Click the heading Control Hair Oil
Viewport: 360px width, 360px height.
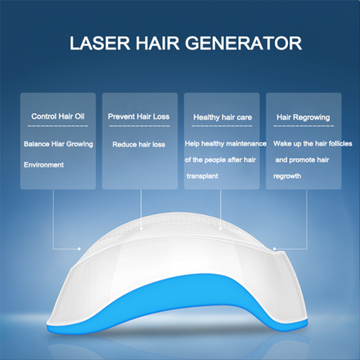(x=58, y=116)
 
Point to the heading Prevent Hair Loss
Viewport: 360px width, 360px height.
(x=139, y=116)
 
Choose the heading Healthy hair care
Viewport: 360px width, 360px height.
(x=222, y=117)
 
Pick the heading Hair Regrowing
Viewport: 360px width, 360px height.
(x=303, y=117)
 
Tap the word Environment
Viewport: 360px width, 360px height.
(x=44, y=165)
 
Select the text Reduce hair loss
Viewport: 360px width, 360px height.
(x=139, y=144)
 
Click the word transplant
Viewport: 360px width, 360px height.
(x=202, y=176)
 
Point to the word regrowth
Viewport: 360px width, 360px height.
(x=287, y=176)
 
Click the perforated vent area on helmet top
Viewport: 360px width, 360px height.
(x=189, y=225)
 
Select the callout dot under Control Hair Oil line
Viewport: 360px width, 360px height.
(x=79, y=248)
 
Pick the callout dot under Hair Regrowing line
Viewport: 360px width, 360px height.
(x=274, y=248)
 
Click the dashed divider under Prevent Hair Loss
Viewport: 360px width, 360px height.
(x=139, y=126)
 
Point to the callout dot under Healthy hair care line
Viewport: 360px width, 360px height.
(x=220, y=228)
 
